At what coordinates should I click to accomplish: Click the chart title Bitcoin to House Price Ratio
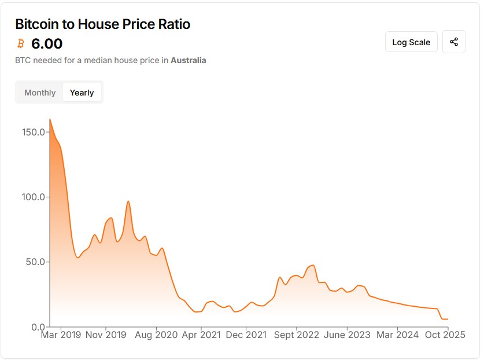coord(102,24)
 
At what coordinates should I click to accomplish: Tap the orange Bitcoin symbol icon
coord(21,43)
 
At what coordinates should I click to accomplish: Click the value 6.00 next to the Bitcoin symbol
coord(47,43)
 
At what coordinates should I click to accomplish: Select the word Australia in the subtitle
coord(188,60)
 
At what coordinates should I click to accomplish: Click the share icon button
coord(454,42)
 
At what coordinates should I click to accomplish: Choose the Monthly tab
coord(40,93)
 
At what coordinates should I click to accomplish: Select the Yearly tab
coord(82,93)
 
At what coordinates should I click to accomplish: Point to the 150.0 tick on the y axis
coord(32,132)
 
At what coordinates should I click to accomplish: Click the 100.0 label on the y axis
coord(32,197)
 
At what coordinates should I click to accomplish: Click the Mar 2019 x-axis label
coord(61,335)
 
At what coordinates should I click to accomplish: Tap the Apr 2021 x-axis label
coord(201,335)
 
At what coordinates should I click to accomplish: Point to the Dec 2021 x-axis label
coord(246,335)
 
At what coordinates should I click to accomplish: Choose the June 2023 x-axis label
coord(346,335)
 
